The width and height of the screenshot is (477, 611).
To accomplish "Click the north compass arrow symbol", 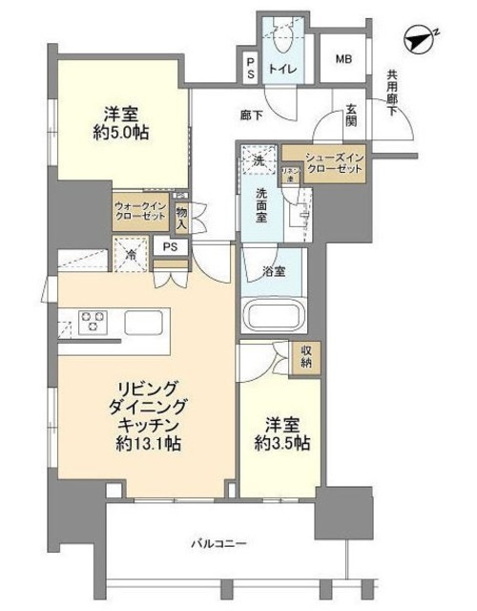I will point(420,41).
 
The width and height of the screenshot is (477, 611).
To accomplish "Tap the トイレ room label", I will point(282,69).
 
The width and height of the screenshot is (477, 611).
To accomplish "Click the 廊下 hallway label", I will point(252,116).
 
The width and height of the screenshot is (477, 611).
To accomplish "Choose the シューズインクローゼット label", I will point(334,162).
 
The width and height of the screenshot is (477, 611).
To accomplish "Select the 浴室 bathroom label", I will point(273,271).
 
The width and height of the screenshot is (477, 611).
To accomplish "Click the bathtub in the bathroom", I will point(271,315).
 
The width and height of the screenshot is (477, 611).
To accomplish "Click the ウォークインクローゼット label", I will point(139,211).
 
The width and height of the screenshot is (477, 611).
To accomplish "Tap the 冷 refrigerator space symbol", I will point(130,255).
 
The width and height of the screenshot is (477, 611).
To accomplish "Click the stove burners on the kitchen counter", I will point(91,319).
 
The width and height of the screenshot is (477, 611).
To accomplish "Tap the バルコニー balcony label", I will point(218,543).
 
